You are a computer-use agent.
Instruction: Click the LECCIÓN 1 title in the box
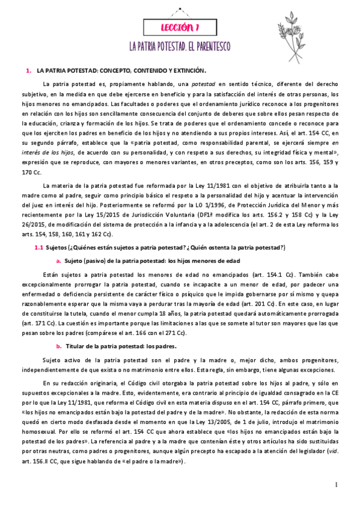click(x=180, y=28)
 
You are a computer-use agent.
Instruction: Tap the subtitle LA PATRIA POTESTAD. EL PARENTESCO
click(x=180, y=46)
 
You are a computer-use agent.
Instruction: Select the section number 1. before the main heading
click(x=28, y=71)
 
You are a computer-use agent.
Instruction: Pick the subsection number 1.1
click(x=39, y=248)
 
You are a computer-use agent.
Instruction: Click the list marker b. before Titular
click(x=59, y=346)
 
